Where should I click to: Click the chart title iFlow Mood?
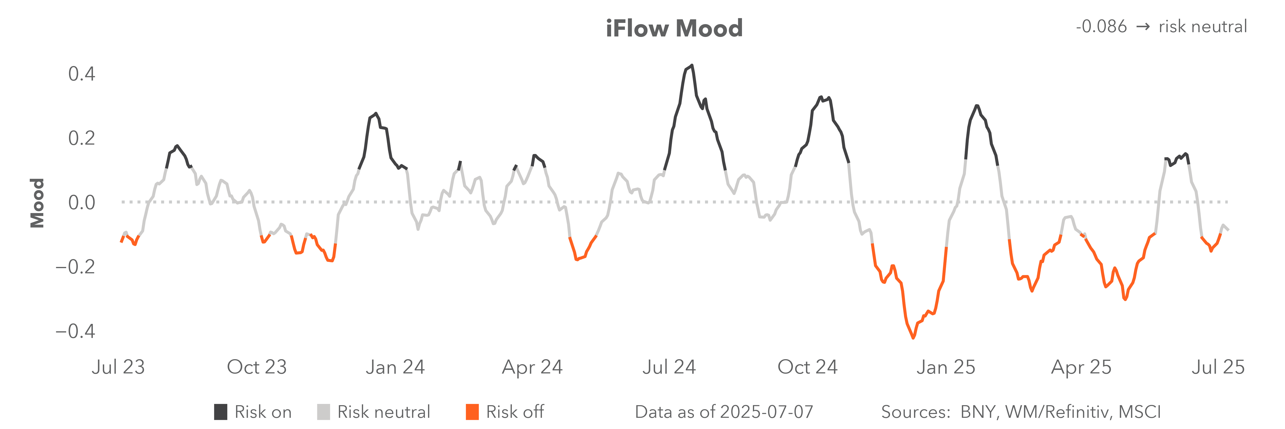(674, 28)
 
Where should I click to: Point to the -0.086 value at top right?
(1101, 26)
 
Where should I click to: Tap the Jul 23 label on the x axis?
(118, 367)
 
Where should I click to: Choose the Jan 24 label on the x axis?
(395, 367)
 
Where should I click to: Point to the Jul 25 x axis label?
(1218, 367)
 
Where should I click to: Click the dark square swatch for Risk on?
(221, 412)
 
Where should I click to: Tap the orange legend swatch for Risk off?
(472, 412)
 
